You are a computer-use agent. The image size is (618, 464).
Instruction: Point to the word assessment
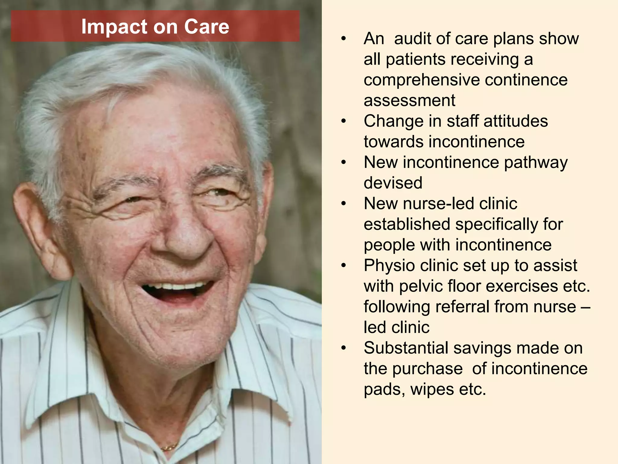[x=409, y=100]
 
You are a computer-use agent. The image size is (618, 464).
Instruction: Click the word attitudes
[x=515, y=121]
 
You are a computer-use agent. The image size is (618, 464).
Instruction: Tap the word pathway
[x=536, y=163]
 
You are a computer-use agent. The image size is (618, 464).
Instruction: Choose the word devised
[x=393, y=183]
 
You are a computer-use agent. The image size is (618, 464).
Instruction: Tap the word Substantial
[x=406, y=348]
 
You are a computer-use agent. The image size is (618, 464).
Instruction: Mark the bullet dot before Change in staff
[x=343, y=121]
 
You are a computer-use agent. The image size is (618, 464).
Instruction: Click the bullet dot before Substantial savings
[x=343, y=348]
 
